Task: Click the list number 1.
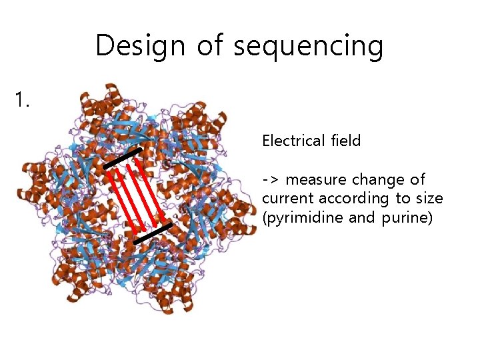coord(23,101)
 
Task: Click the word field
coord(345,141)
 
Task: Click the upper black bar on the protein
coord(122,158)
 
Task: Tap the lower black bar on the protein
coord(153,233)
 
